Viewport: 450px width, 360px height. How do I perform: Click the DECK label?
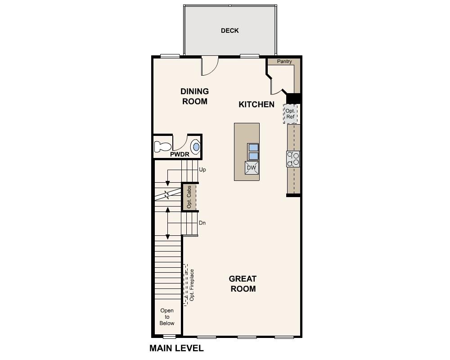click(229, 31)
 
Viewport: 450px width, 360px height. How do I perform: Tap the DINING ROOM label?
click(195, 96)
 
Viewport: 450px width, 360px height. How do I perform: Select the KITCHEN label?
click(256, 104)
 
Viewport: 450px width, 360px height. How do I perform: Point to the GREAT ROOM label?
click(243, 284)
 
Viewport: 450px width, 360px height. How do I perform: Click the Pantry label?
click(284, 62)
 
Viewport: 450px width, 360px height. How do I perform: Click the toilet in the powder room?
click(162, 147)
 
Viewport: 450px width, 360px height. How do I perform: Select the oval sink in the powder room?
click(196, 147)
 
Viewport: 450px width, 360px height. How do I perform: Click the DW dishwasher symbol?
click(251, 168)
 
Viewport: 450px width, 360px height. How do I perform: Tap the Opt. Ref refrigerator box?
click(290, 114)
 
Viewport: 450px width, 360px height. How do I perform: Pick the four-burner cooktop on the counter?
click(293, 159)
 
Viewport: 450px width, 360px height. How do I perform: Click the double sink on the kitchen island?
click(253, 152)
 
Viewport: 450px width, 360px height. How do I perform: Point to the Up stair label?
click(202, 170)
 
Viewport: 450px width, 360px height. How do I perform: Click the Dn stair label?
click(202, 223)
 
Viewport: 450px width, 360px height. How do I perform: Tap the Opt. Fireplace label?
click(192, 285)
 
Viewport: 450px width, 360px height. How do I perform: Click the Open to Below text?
click(167, 317)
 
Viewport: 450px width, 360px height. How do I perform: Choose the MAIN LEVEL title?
click(176, 348)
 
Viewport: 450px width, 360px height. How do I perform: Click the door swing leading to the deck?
click(209, 66)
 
